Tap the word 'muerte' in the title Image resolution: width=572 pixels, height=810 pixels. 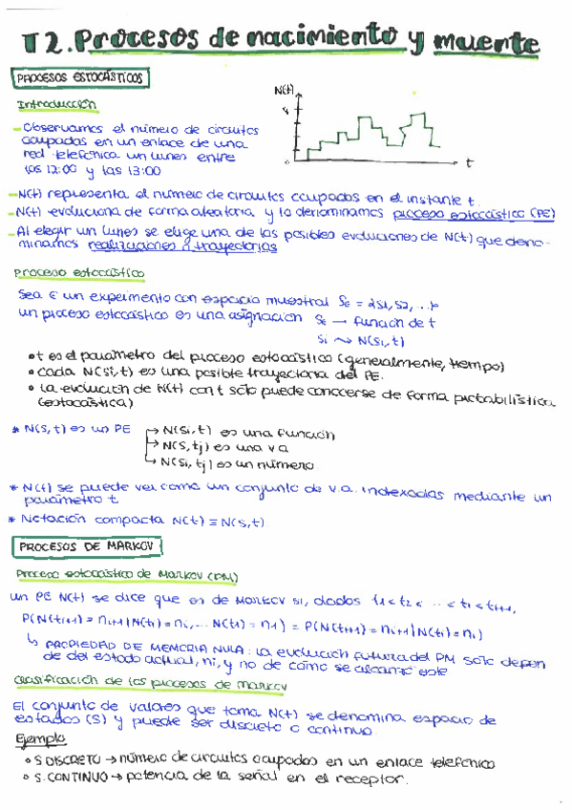pyautogui.click(x=487, y=42)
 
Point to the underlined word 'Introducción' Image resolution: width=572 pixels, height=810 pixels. pyautogui.click(x=57, y=103)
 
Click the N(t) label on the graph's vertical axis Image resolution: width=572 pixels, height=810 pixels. pyautogui.click(x=285, y=91)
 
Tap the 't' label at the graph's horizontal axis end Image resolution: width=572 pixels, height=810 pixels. pyautogui.click(x=470, y=164)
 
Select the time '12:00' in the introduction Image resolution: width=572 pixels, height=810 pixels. pyautogui.click(x=61, y=172)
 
